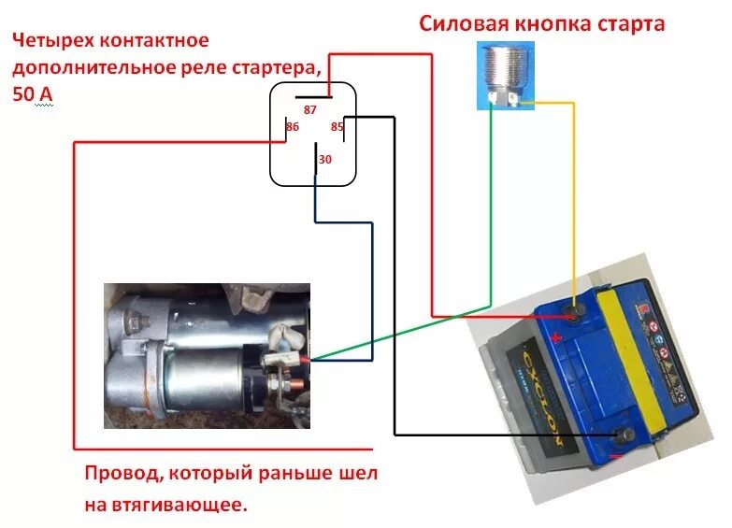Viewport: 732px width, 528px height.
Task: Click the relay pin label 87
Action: [310, 110]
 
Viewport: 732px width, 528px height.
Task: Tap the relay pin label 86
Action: [293, 126]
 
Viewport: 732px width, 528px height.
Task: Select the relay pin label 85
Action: [337, 127]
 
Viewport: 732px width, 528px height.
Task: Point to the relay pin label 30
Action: [324, 160]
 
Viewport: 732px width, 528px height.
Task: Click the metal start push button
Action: [503, 75]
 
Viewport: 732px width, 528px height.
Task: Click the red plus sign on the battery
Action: [557, 338]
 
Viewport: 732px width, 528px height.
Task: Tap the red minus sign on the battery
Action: [615, 456]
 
